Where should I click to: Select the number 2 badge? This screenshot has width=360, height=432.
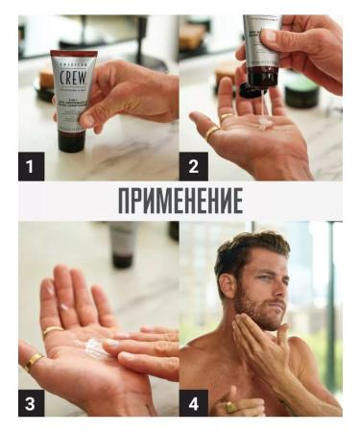pyautogui.click(x=193, y=168)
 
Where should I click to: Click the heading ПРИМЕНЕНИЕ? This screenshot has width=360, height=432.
pyautogui.click(x=180, y=202)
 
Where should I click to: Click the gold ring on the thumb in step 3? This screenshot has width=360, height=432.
pyautogui.click(x=34, y=362)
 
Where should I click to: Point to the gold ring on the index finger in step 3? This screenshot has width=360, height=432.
pyautogui.click(x=51, y=331)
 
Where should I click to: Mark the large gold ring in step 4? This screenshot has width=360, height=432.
pyautogui.click(x=230, y=405)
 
